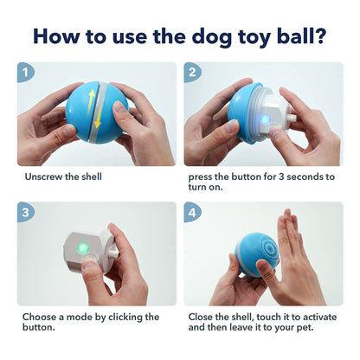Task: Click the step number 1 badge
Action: coord(25,72)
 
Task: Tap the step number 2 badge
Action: coord(193,72)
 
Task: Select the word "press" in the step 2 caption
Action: coord(202,177)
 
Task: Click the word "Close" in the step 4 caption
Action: coord(202,317)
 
